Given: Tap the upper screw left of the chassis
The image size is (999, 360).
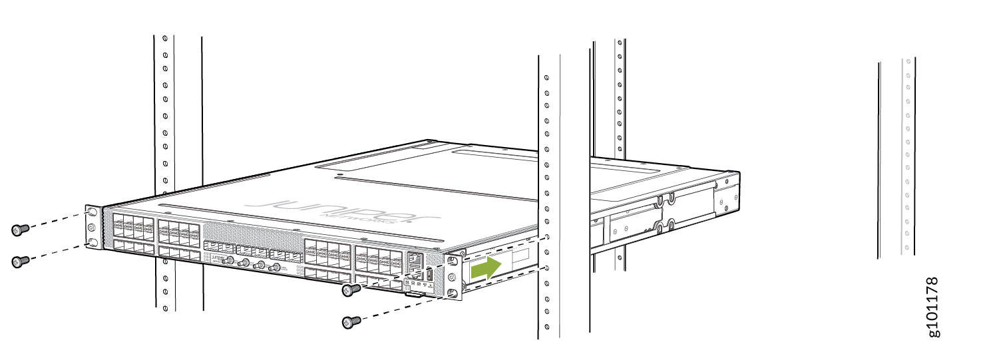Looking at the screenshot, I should [19, 230].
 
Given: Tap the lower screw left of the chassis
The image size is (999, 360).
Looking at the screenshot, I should [19, 261].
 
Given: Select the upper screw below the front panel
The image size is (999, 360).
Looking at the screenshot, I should [351, 289].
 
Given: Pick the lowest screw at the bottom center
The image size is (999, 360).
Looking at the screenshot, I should [350, 322].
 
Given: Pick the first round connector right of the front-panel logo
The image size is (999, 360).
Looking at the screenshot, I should [230, 260].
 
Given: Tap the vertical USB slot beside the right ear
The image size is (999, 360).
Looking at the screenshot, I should [429, 273].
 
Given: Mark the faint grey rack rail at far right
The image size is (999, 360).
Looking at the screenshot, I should [906, 156].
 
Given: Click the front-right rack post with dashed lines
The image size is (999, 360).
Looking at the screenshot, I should [548, 200].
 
